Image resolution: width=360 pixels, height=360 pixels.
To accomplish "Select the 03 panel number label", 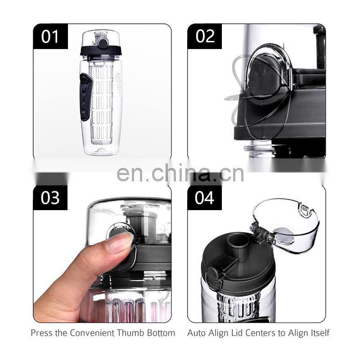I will pyautogui.click(x=50, y=198).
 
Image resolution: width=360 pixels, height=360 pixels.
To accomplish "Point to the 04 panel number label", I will pyautogui.click(x=205, y=198).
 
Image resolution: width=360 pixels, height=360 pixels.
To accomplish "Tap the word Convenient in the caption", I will pyautogui.click(x=90, y=333).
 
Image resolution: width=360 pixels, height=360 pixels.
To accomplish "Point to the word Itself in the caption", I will pyautogui.click(x=318, y=333).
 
